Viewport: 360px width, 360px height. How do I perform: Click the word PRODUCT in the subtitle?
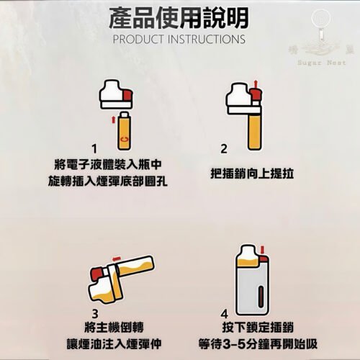[140, 38]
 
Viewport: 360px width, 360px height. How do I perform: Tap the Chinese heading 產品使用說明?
[179, 16]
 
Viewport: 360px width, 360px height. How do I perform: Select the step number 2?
[223, 148]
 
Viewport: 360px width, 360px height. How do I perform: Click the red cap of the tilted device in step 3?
[96, 274]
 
